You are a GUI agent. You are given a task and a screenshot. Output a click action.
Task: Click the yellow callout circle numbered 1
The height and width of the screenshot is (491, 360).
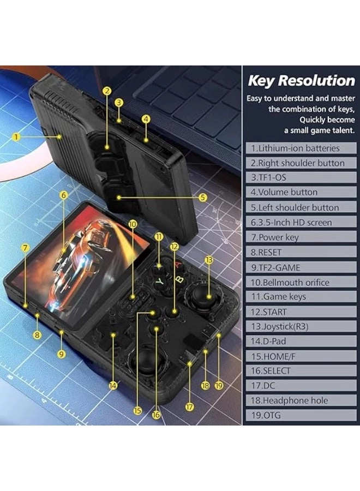tap(16, 137)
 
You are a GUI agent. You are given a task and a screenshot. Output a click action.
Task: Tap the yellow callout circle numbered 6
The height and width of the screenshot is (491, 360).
tap(64, 195)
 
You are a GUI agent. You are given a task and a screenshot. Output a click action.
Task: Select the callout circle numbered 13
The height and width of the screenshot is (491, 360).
tap(209, 260)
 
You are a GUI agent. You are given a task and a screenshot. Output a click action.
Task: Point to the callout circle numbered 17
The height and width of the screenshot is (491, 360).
tap(189, 407)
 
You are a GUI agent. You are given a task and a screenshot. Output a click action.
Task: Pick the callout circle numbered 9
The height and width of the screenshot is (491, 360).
tap(61, 354)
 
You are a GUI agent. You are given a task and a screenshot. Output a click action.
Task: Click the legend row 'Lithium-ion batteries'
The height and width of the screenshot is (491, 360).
tap(301, 148)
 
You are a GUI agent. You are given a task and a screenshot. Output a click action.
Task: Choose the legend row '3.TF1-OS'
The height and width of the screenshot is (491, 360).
tap(301, 177)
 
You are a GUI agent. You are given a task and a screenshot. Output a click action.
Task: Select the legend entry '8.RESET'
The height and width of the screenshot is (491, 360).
tap(301, 252)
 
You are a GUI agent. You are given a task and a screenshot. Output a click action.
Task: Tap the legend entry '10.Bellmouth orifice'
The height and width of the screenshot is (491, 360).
tap(301, 283)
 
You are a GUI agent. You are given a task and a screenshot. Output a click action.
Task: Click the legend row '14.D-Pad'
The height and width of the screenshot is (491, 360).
tap(301, 342)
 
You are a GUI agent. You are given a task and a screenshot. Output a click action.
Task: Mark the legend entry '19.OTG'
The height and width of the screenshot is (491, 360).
tap(301, 416)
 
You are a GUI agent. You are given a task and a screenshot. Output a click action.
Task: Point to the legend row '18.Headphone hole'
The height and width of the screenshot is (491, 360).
tap(301, 400)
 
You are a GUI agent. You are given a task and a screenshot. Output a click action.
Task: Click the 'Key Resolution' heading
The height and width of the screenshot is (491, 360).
tap(302, 81)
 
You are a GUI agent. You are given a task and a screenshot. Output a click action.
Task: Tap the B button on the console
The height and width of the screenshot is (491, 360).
tap(179, 278)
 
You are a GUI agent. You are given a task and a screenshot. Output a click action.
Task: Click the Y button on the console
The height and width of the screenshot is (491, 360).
tap(160, 282)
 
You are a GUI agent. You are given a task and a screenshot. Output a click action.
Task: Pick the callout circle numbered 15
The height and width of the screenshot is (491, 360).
tap(137, 411)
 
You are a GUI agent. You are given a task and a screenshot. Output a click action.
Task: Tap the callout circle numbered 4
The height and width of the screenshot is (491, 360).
tap(146, 119)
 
